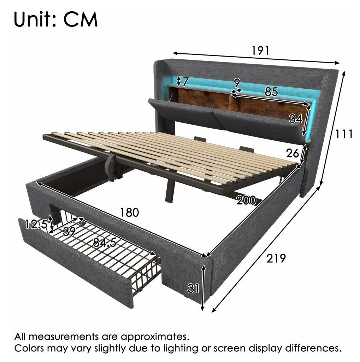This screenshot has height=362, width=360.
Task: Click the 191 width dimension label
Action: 260,51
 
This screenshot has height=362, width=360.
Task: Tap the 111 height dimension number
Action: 344,134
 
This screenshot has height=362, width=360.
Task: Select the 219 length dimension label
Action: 276,258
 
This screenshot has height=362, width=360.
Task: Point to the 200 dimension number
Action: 246,200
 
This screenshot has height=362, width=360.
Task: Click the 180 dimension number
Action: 129,212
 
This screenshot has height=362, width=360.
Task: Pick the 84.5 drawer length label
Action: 105,243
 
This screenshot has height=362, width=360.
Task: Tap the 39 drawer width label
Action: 69,231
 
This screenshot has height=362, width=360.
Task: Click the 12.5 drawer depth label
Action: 36,224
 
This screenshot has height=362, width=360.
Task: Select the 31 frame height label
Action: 193,288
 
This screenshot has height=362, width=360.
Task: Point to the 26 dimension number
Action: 293,153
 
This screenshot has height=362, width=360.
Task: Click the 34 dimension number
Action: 296,118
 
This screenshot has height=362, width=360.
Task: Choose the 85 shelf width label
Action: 271,92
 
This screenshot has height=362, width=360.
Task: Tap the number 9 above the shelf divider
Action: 237,83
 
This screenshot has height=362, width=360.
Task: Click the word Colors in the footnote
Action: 30,348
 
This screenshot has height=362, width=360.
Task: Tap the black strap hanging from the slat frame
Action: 112,167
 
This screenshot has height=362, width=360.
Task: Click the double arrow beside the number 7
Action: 179,81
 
